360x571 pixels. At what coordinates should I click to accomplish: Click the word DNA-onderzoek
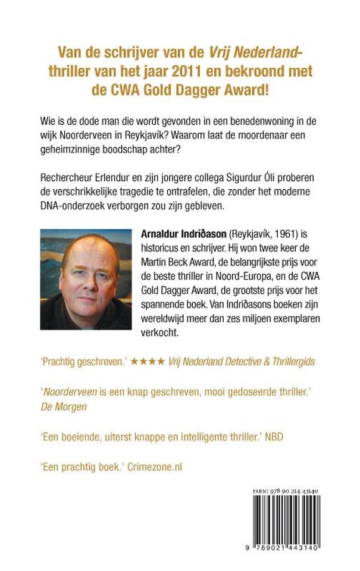(x=71, y=208)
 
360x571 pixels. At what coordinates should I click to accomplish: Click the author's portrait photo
(x=86, y=280)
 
